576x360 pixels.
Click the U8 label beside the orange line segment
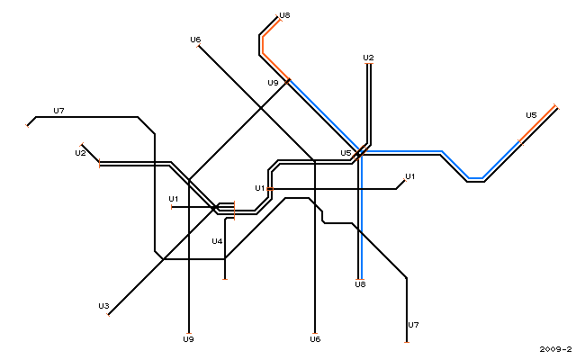point(284,15)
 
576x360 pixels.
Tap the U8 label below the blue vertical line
point(360,284)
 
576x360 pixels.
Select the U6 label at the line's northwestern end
point(195,40)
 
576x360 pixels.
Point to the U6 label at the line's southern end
point(315,339)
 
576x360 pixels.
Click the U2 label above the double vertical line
point(368,58)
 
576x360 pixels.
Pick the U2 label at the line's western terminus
point(80,153)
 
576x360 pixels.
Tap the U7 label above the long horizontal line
point(58,111)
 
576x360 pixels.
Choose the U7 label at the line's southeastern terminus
point(413,325)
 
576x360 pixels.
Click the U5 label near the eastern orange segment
point(531,115)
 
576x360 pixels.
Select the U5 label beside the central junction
point(346,153)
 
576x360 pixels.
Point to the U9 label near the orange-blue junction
point(273,83)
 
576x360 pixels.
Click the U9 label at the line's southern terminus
point(188,339)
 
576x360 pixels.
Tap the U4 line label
point(217,241)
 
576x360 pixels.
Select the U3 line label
point(103,306)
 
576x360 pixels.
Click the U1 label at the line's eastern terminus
point(410,176)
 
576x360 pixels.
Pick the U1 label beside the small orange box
point(260,188)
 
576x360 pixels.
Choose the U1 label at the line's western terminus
point(174,199)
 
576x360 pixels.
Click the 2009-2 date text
point(555,349)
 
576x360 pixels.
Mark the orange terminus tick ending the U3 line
point(108,315)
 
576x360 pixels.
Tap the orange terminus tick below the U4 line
point(225,280)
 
